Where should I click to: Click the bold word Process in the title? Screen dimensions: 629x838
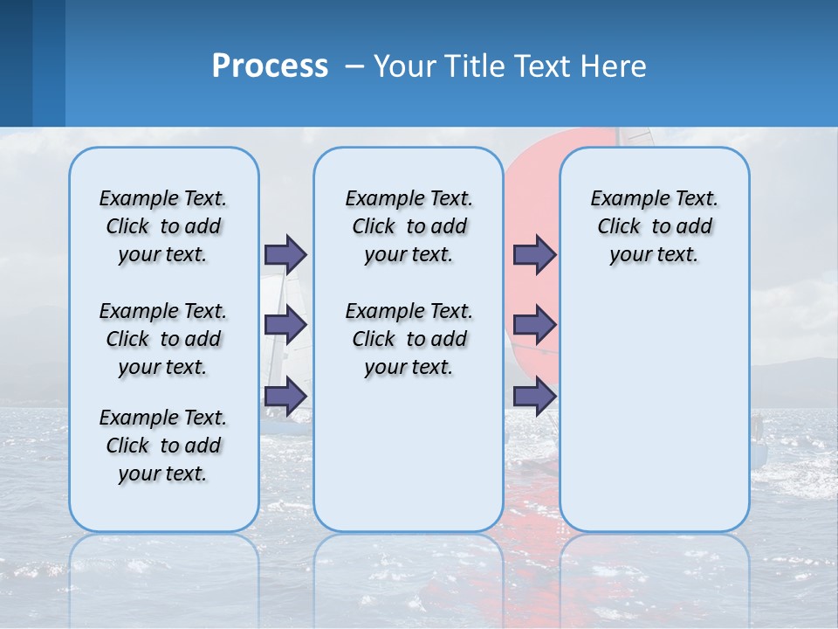point(270,66)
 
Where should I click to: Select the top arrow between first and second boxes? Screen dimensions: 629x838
point(285,254)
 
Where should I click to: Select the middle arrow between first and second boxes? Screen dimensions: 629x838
point(285,325)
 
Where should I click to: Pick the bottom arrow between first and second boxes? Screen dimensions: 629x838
point(285,397)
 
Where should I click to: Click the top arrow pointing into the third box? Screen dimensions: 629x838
point(534,254)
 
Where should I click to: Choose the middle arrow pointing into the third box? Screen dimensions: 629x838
point(534,325)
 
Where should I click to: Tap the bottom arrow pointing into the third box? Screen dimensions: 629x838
point(534,397)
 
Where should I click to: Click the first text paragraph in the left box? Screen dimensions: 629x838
point(163,226)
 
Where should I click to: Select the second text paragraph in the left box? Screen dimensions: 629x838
point(163,339)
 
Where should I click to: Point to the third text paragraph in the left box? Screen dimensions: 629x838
point(163,446)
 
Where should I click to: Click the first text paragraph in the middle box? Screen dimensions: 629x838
point(409,226)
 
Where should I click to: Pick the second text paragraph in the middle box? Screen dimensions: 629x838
point(409,339)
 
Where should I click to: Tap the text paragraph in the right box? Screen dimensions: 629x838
point(654,226)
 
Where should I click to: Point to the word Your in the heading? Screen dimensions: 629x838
point(406,66)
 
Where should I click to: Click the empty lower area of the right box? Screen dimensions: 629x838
point(654,419)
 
